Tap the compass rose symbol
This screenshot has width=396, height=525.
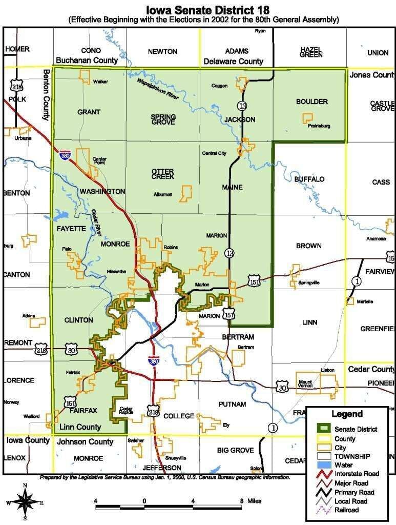pos(25,501)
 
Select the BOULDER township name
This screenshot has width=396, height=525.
pos(311,102)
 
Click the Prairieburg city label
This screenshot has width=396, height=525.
pos(319,126)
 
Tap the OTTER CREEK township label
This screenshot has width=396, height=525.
pos(162,174)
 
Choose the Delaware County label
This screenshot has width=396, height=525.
pos(233,61)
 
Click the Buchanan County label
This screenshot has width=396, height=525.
pos(83,60)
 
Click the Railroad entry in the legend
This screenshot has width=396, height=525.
pos(346,510)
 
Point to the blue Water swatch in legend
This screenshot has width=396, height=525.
pos(324,465)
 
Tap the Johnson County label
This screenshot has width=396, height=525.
pos(85,441)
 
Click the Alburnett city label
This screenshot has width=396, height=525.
pos(163,194)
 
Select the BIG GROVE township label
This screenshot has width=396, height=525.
pos(235,450)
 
